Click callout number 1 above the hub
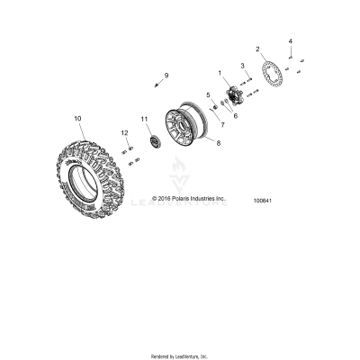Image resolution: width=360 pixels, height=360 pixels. pos(219,71)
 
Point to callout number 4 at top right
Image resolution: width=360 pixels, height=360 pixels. pos(290,41)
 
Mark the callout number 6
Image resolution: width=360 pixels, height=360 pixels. pos(237,115)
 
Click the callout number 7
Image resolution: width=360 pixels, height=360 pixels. pos(221,124)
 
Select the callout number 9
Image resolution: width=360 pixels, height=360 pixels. pos(166,74)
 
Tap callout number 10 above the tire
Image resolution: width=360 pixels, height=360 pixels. pos(77,118)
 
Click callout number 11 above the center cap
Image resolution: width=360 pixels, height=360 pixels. pos(143,119)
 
